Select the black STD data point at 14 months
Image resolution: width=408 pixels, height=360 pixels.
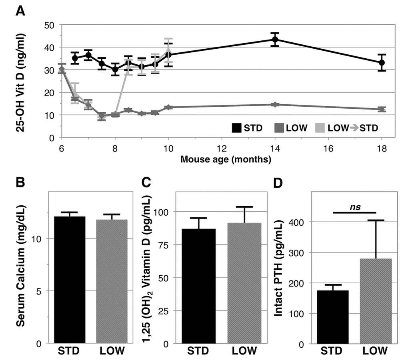pos(275,40)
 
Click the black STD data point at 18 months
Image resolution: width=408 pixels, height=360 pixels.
pos(382,63)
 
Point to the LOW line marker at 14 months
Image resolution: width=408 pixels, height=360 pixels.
pos(275,104)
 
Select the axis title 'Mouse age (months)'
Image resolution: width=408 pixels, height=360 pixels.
pos(226,159)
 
